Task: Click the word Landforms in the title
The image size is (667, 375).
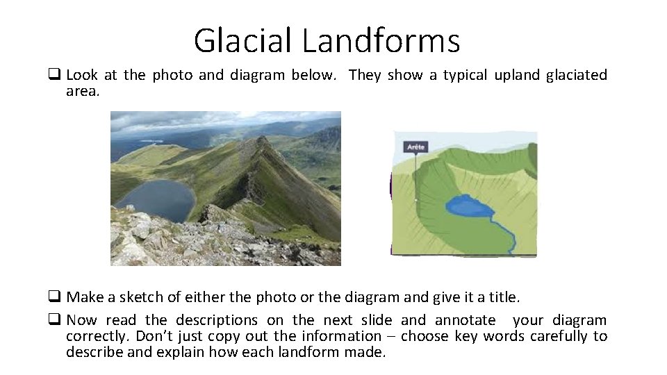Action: [x=381, y=40]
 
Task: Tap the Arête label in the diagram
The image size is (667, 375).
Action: [x=416, y=147]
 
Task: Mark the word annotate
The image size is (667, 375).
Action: [x=466, y=320]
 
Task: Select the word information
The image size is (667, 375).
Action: [x=340, y=336]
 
